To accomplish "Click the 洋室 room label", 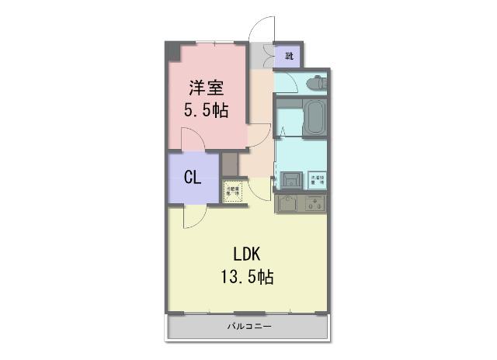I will tap(206, 86).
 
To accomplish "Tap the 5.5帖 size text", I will tap(206, 110).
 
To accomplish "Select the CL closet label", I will tap(193, 178).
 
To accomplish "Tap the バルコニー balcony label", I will tap(249, 327).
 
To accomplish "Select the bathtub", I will tap(313, 119).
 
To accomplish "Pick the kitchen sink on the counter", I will tap(287, 205).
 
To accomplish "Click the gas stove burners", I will tap(315, 205).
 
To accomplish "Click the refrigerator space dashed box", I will tap(233, 191).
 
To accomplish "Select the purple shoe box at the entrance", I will tap(290, 55).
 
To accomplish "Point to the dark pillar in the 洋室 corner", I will tap(172, 52).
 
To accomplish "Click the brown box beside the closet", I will tap(230, 164).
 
